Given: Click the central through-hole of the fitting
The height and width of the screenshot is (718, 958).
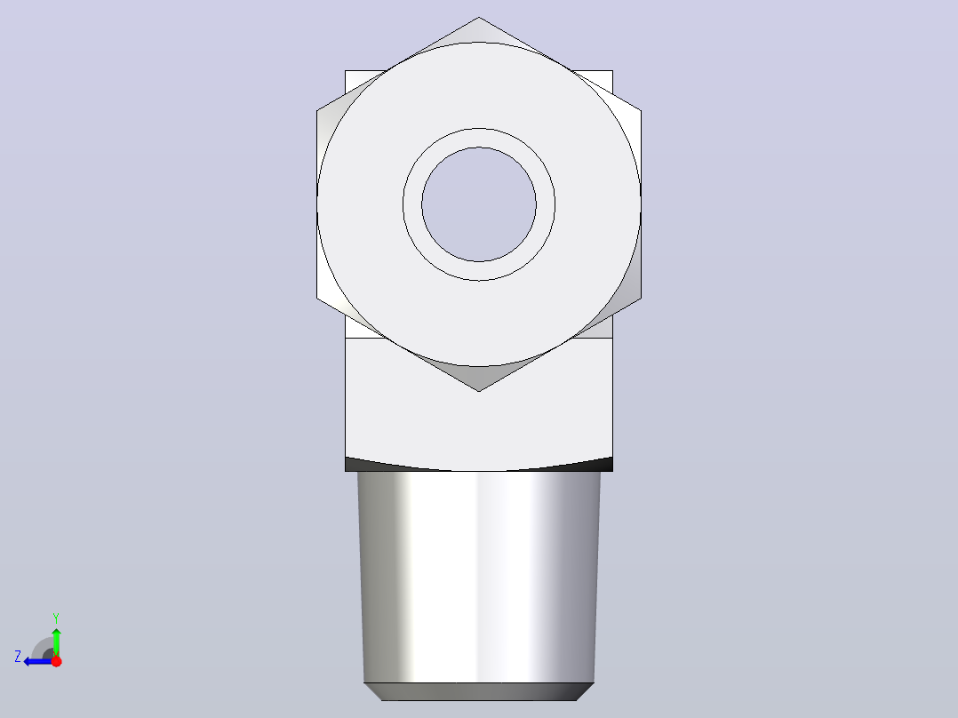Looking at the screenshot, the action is (x=479, y=204).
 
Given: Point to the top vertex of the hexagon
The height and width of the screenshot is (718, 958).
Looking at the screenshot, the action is (x=479, y=17).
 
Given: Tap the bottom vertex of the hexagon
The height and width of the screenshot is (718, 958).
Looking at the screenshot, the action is (x=479, y=391).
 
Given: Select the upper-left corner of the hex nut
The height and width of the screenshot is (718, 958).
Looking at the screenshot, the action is (x=316, y=111).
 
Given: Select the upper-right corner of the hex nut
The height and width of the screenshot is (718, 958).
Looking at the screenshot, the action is (x=641, y=111).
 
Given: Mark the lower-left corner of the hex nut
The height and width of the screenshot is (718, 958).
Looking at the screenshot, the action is (x=316, y=299).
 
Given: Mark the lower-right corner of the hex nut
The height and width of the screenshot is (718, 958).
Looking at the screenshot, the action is (x=641, y=299).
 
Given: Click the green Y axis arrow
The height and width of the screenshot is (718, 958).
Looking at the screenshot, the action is (x=56, y=642).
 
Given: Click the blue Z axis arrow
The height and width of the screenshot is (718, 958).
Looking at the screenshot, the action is (x=38, y=661).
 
